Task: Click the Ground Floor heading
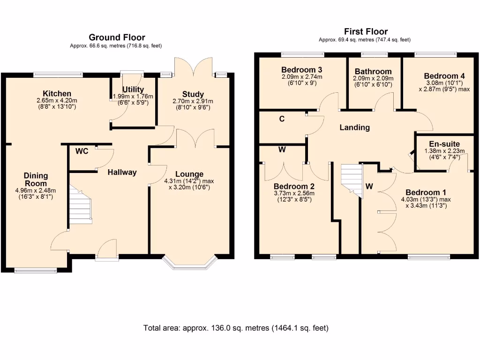(x=117, y=37)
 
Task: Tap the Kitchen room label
(x=57, y=94)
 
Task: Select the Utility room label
(x=132, y=90)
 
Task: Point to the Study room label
(x=193, y=95)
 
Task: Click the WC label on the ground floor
(x=82, y=151)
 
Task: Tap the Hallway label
(x=122, y=172)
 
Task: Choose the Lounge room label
(x=190, y=174)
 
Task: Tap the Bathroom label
(x=373, y=72)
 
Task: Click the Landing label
(x=354, y=127)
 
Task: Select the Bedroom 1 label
(x=426, y=192)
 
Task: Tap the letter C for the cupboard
(x=282, y=119)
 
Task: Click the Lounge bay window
(x=189, y=262)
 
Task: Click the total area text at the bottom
(x=236, y=328)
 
